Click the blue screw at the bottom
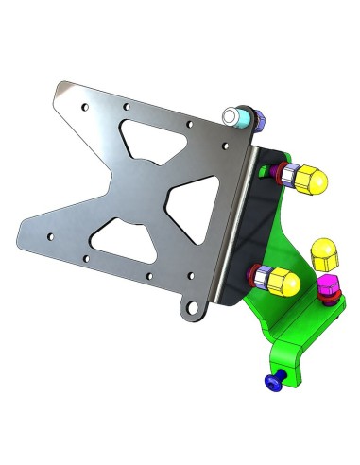[x=274, y=381]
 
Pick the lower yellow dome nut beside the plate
[x=283, y=280]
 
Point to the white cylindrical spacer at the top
[x=232, y=117]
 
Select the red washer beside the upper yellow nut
[x=276, y=173]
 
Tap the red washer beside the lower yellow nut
[x=250, y=276]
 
